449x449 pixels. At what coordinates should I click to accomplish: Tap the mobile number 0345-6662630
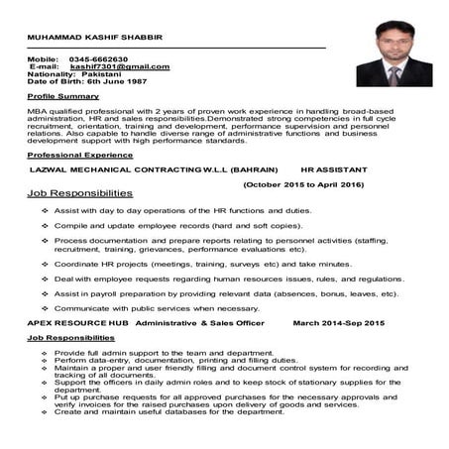click(x=99, y=59)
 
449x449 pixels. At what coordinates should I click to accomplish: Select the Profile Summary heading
click(x=64, y=100)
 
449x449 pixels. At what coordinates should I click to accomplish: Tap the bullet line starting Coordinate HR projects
click(x=188, y=265)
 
